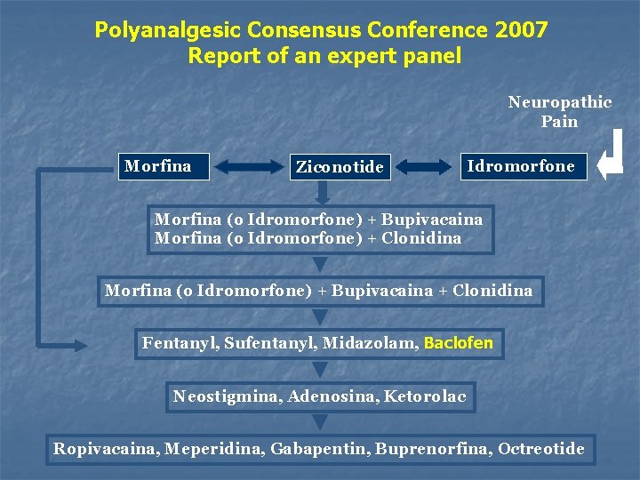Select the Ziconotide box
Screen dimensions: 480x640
(x=340, y=166)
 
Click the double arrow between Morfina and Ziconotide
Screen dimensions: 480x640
(x=247, y=166)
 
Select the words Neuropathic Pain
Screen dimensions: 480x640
(x=560, y=111)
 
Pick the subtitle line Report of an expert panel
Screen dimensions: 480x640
(x=324, y=56)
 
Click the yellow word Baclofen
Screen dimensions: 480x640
(x=459, y=343)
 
